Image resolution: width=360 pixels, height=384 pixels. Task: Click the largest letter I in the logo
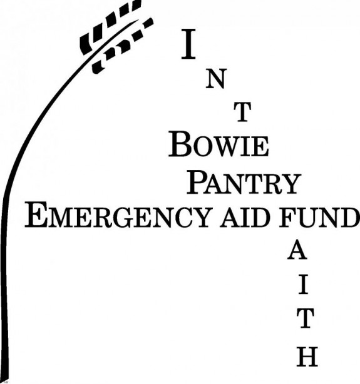(x=188, y=44)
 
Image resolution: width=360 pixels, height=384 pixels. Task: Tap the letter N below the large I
(x=215, y=79)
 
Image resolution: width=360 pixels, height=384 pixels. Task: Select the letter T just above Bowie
(x=242, y=112)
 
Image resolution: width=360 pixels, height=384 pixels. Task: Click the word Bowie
(x=219, y=144)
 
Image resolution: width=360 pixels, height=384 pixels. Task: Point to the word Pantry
(x=244, y=183)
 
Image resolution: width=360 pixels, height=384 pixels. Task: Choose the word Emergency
(x=118, y=215)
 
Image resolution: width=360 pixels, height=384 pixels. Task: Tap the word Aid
(x=244, y=217)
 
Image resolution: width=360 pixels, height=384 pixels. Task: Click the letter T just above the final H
(x=306, y=318)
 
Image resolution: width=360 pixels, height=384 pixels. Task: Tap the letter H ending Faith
(x=307, y=356)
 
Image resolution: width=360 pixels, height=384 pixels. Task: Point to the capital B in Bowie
(x=180, y=144)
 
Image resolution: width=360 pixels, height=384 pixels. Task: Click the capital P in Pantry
(x=198, y=183)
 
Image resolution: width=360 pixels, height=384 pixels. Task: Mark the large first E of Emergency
(x=36, y=215)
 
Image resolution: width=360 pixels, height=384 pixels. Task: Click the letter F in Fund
(x=287, y=217)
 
